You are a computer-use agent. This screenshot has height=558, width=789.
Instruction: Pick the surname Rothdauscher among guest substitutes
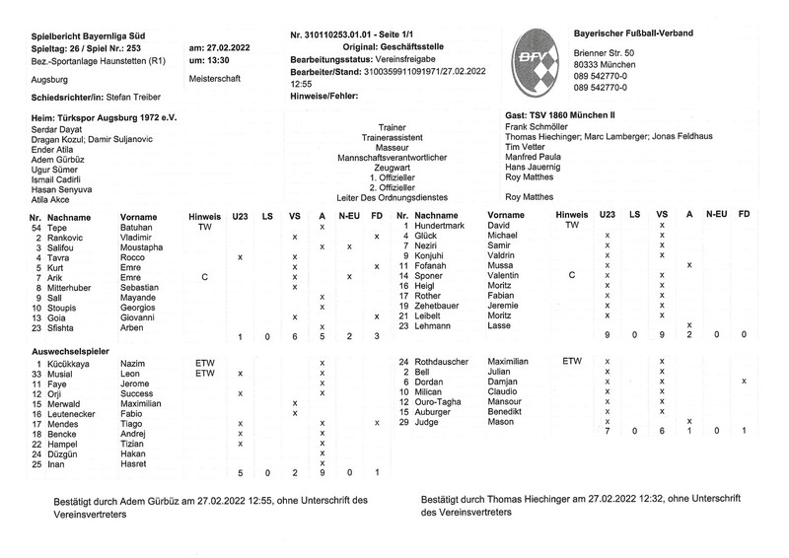(448, 362)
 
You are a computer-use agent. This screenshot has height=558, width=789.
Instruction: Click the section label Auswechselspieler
(72, 349)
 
